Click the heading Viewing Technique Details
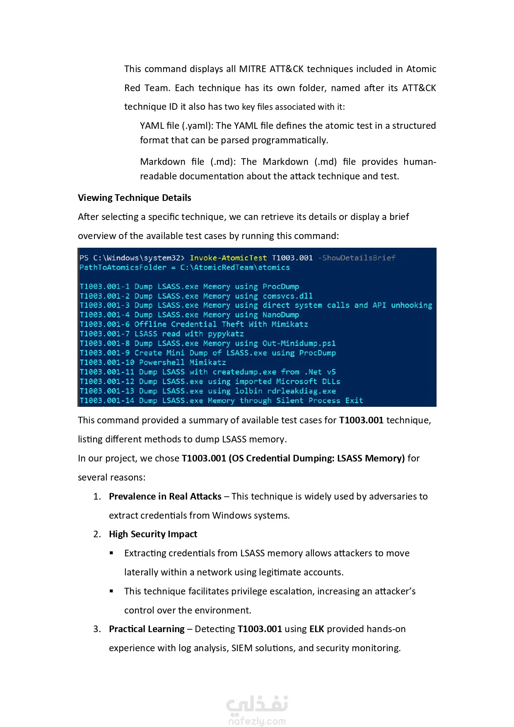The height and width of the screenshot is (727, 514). tap(134, 198)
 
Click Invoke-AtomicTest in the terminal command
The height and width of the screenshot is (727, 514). tap(228, 258)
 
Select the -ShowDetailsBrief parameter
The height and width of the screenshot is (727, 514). tap(357, 258)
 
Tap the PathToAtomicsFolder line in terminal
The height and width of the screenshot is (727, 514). tap(184, 267)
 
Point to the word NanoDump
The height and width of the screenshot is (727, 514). tap(280, 315)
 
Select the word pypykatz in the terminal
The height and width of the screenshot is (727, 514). tap(226, 334)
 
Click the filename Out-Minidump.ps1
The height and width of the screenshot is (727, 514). tap(299, 343)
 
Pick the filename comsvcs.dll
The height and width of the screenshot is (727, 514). tap(287, 296)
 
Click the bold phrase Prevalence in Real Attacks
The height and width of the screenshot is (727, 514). tap(165, 496)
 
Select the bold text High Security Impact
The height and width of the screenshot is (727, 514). tap(153, 534)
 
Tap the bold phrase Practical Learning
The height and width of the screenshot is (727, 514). tap(147, 629)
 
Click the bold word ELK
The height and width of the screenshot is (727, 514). tap(316, 629)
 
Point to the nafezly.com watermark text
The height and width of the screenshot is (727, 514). tap(257, 721)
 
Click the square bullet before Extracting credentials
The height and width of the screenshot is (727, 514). tap(111, 553)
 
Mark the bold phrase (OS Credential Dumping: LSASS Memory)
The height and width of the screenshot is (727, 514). tap(316, 458)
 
